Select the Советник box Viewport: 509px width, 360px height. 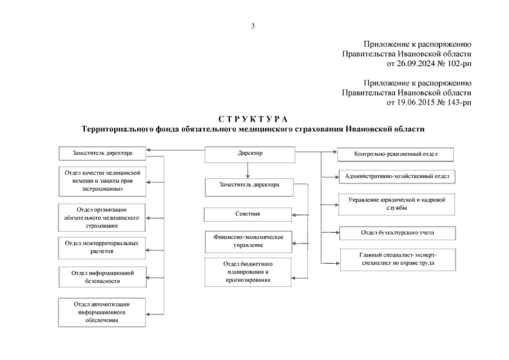247,214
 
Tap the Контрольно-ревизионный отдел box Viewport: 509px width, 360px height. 396,154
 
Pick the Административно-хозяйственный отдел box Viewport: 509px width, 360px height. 397,176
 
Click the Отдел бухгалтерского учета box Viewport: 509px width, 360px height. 397,232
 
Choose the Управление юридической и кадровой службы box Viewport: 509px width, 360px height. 397,204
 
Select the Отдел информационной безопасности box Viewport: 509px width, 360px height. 102,276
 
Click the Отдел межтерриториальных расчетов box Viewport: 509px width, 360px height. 102,247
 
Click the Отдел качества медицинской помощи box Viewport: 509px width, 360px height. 102,180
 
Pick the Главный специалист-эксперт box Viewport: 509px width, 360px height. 397,259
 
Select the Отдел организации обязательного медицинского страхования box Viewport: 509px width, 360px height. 102,217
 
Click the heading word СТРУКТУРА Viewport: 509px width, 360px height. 253,119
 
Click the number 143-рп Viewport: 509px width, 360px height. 458,102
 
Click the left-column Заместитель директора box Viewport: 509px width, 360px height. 102,152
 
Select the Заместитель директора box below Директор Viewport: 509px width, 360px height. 248,184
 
